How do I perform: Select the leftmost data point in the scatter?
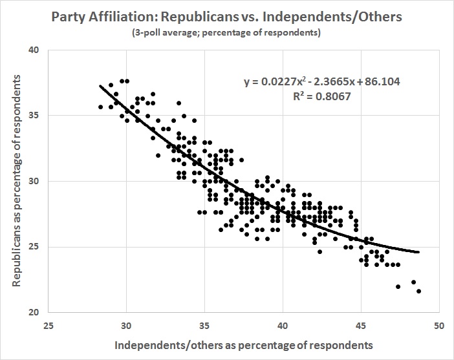pyautogui.click(x=100, y=107)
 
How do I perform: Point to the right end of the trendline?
pyautogui.click(x=418, y=252)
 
